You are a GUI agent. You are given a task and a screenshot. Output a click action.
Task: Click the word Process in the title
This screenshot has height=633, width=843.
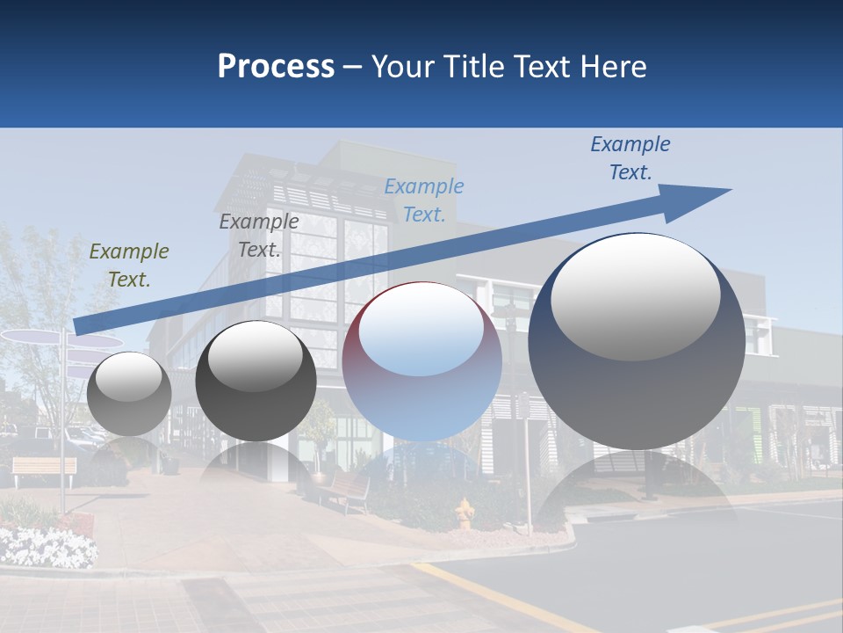click(276, 67)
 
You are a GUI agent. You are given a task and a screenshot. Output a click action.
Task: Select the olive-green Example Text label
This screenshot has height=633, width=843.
click(129, 266)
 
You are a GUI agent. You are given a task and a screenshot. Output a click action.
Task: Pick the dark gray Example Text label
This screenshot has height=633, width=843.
click(259, 236)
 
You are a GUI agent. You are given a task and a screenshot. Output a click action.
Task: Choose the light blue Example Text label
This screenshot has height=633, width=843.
click(424, 200)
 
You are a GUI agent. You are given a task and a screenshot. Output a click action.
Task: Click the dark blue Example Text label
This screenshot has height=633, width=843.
click(630, 158)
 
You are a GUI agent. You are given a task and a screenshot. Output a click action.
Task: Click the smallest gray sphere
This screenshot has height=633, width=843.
click(129, 394)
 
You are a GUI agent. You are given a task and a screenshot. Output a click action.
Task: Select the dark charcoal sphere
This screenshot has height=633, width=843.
click(256, 382)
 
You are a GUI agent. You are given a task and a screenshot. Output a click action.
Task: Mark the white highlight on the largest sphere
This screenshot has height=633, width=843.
click(636, 295)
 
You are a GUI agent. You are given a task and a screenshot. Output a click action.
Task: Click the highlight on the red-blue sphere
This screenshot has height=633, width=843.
click(421, 331)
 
